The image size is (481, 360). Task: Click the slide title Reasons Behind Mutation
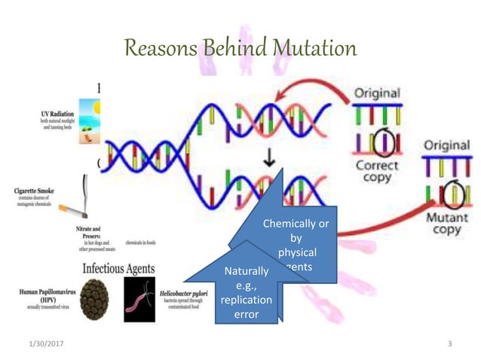pyautogui.click(x=240, y=49)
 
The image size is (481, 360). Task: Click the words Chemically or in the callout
pyautogui.click(x=295, y=224)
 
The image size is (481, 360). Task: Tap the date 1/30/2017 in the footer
pyautogui.click(x=44, y=344)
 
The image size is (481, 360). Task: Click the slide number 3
pyautogui.click(x=449, y=344)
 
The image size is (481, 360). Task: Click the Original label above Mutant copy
pyautogui.click(x=446, y=145)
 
